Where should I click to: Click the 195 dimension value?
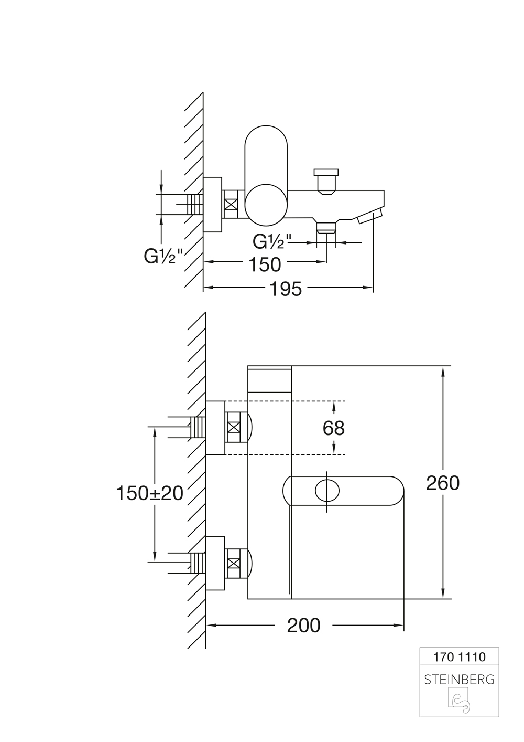(286, 289)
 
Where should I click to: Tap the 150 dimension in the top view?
(265, 264)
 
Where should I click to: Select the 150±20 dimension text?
(149, 493)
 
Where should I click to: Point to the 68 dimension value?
(333, 428)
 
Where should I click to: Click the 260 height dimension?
(443, 483)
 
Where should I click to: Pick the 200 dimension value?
(304, 626)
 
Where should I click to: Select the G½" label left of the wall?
(163, 256)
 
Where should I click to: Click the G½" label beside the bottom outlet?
(272, 241)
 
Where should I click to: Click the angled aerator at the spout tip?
(370, 216)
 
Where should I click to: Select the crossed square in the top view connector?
(231, 204)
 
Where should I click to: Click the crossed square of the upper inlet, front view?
(234, 427)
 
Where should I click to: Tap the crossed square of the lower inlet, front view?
(234, 563)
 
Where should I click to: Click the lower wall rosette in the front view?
(215, 563)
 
